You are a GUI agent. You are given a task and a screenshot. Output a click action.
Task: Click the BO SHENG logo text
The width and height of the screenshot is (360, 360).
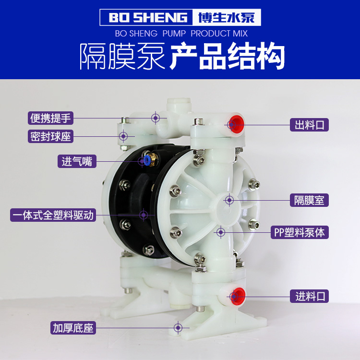[148, 17]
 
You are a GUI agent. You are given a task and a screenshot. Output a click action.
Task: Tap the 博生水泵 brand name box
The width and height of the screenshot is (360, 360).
[227, 17]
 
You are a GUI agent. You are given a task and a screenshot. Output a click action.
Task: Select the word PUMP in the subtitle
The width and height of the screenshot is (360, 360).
[174, 34]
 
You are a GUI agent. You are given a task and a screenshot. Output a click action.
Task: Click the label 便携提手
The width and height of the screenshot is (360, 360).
[50, 118]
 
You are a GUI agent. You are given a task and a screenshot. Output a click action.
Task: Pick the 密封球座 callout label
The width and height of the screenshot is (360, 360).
[50, 136]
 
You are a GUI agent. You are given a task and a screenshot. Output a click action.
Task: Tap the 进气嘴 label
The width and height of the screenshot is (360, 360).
[77, 161]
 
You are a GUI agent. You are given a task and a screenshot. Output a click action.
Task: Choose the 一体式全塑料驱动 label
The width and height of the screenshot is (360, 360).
[53, 215]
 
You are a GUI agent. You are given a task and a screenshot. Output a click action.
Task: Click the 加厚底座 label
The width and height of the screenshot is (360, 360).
[73, 328]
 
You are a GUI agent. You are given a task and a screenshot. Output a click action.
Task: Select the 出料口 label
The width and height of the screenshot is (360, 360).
[309, 125]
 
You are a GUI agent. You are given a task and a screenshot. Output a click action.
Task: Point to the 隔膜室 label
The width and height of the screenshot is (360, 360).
[309, 200]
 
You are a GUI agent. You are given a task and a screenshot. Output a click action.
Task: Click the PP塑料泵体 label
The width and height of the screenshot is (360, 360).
[300, 232]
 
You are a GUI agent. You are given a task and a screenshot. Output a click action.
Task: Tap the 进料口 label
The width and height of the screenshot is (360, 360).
[309, 296]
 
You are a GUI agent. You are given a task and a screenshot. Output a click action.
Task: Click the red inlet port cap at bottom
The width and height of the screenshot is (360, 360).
[238, 296]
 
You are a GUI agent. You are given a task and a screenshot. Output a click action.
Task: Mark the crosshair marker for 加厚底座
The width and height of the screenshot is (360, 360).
[178, 328]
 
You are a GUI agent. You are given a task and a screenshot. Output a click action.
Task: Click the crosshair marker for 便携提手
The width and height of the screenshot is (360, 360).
[156, 118]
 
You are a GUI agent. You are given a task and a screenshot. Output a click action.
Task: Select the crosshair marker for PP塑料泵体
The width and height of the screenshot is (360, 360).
[221, 232]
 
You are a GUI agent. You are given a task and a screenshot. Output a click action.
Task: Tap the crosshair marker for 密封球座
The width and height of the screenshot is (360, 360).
[123, 136]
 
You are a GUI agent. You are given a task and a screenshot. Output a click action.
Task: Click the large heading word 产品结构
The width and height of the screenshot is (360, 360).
[228, 56]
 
